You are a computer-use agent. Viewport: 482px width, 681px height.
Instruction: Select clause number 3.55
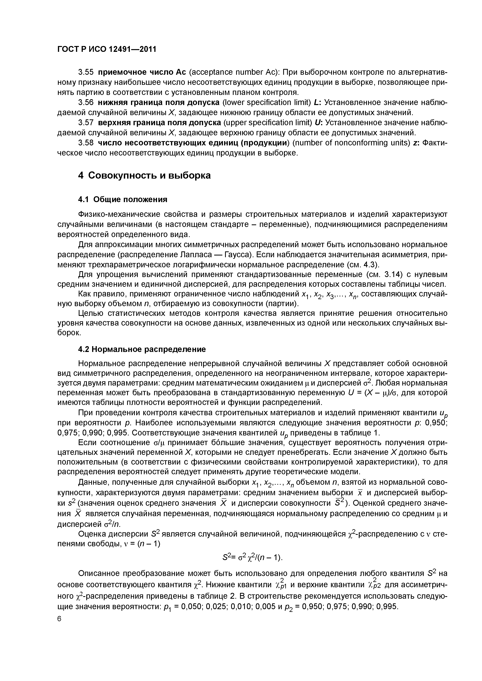86,72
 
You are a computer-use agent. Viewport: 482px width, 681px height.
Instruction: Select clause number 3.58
86,143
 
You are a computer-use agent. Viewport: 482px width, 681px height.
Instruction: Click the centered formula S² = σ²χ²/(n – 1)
252,558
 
